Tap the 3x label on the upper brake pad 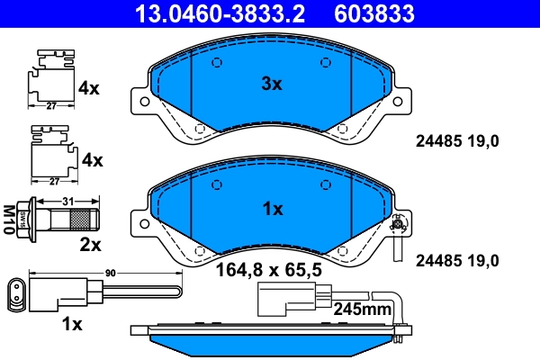pyautogui.click(x=272, y=84)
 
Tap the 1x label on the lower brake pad pyautogui.click(x=272, y=209)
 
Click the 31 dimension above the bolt pyautogui.click(x=66, y=202)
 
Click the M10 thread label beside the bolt pyautogui.click(x=10, y=219)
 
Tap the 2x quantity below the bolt pyautogui.click(x=91, y=244)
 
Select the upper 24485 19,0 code pyautogui.click(x=455, y=139)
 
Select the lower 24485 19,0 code pyautogui.click(x=455, y=261)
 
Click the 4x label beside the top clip pyautogui.click(x=90, y=88)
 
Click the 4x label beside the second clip pyautogui.click(x=92, y=160)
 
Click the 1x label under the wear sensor pyautogui.click(x=73, y=322)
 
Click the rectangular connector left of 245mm pyautogui.click(x=286, y=298)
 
